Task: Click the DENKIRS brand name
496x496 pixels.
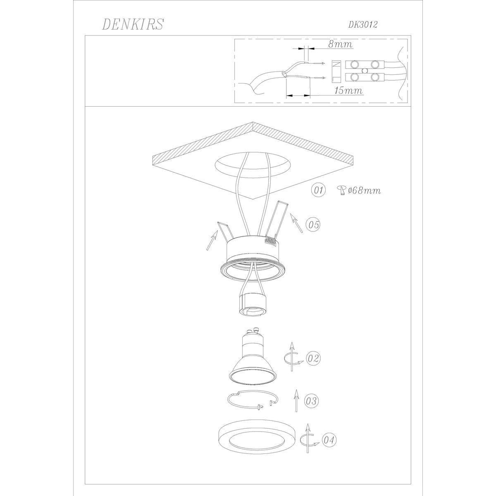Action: tap(133, 24)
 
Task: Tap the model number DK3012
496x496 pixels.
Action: tap(363, 24)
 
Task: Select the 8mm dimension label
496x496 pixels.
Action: tap(340, 44)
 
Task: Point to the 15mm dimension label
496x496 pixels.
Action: tap(348, 91)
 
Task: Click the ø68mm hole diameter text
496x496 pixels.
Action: tap(364, 191)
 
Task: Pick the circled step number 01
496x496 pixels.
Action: tap(318, 191)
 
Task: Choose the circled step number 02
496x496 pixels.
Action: tap(313, 358)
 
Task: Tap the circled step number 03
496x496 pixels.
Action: tap(312, 401)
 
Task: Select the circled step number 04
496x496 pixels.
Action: tap(329, 440)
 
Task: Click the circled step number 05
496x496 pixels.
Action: tap(313, 224)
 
